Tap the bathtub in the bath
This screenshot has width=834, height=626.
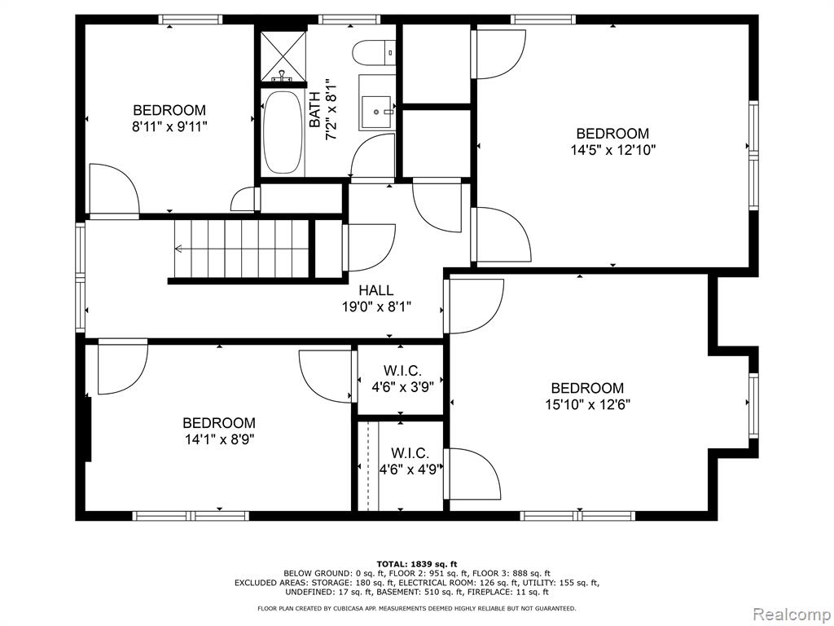click(x=283, y=133)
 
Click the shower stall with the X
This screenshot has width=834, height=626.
click(x=283, y=56)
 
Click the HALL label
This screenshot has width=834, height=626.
click(x=376, y=290)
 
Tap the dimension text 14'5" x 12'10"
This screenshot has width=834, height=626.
click(x=612, y=150)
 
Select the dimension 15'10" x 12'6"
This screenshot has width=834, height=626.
click(x=587, y=404)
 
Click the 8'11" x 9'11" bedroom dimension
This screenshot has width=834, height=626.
click(x=169, y=126)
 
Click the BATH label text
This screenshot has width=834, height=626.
click(x=315, y=110)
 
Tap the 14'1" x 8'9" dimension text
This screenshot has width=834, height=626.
click(x=219, y=439)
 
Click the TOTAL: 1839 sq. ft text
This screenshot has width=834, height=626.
click(x=417, y=564)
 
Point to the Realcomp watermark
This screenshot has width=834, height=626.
click(x=792, y=614)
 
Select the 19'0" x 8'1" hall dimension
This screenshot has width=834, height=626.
click(x=376, y=307)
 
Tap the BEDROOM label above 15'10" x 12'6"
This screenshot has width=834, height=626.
click(x=587, y=387)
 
